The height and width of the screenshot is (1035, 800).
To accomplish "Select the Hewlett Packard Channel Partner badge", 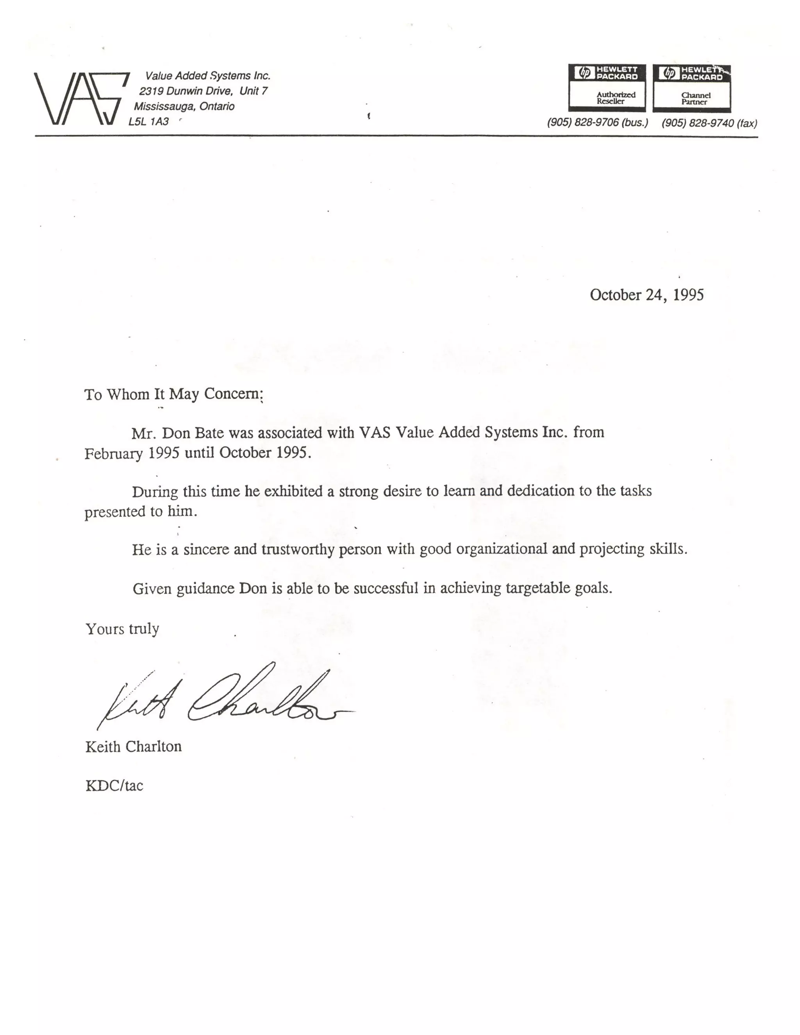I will [x=691, y=88].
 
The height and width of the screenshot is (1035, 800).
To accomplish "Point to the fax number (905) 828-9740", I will [x=709, y=123].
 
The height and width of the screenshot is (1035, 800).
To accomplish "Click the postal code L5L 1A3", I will [x=148, y=121].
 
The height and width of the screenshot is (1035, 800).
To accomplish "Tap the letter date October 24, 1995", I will [x=646, y=295].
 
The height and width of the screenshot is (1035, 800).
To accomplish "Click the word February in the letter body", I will [x=113, y=453].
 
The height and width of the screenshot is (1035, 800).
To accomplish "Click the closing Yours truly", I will [x=122, y=629].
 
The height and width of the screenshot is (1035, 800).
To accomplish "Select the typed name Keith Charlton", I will [x=133, y=747].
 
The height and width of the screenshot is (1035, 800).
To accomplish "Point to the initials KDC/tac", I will [x=114, y=786].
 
